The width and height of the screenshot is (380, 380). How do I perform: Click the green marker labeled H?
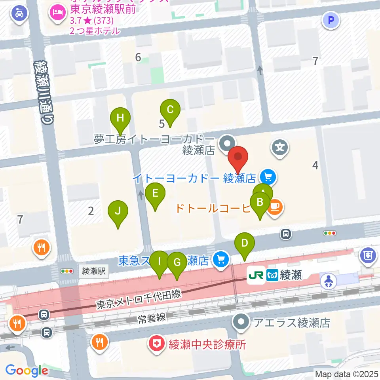(120, 118)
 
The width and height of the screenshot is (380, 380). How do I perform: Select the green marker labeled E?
(155, 193)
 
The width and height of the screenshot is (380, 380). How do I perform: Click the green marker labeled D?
(245, 243)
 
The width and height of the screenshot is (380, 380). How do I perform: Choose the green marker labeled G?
(177, 262)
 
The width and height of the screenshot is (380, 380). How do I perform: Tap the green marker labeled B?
(260, 202)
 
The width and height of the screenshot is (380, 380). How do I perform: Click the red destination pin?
(238, 157)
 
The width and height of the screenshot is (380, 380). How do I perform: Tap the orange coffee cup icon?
(275, 207)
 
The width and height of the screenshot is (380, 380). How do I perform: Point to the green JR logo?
(255, 275)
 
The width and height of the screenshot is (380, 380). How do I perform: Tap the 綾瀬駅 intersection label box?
(93, 271)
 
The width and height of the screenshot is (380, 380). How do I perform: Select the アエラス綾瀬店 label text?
(292, 323)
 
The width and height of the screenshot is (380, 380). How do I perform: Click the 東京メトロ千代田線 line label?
(139, 300)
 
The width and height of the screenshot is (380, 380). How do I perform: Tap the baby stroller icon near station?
(328, 281)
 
